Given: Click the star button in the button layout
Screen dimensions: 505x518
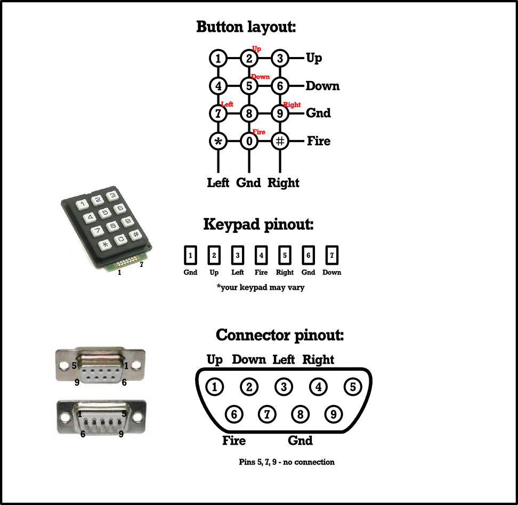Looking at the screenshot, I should pos(218,141).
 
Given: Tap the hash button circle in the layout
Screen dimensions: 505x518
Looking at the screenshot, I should pos(280,141).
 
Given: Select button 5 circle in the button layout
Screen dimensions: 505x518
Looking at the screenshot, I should pos(249,85).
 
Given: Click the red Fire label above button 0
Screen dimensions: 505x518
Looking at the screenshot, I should pos(258,132).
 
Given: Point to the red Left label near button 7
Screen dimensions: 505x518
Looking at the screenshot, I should pos(227,104).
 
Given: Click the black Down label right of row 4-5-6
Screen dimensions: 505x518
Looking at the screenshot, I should pos(322,86).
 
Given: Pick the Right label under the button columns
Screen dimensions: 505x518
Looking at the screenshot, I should pos(283,183).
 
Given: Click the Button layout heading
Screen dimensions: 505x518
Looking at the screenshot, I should pos(246,27).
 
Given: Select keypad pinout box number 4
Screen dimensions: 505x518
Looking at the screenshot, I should pos(261,256).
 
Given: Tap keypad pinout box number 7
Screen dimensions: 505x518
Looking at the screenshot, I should pos(332,256).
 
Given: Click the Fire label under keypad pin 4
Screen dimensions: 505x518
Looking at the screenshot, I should pos(261,272).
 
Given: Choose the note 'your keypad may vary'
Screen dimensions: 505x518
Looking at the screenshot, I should pos(260,287).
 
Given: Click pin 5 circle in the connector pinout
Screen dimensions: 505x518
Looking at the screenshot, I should pos(352,387).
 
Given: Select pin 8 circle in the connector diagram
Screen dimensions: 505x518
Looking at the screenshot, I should pos(301,414).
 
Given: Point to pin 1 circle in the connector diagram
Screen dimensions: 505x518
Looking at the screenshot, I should pos(215,387).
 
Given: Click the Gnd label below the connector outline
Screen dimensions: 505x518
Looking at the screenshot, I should pos(300,441).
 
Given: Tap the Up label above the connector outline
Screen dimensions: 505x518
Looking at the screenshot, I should pos(214,360).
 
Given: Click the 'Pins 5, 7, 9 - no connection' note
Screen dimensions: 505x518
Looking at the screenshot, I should pos(287,462).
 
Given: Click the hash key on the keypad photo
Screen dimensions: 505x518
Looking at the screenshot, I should pos(136,234).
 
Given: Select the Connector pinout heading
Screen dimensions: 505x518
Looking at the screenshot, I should pos(280,335).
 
